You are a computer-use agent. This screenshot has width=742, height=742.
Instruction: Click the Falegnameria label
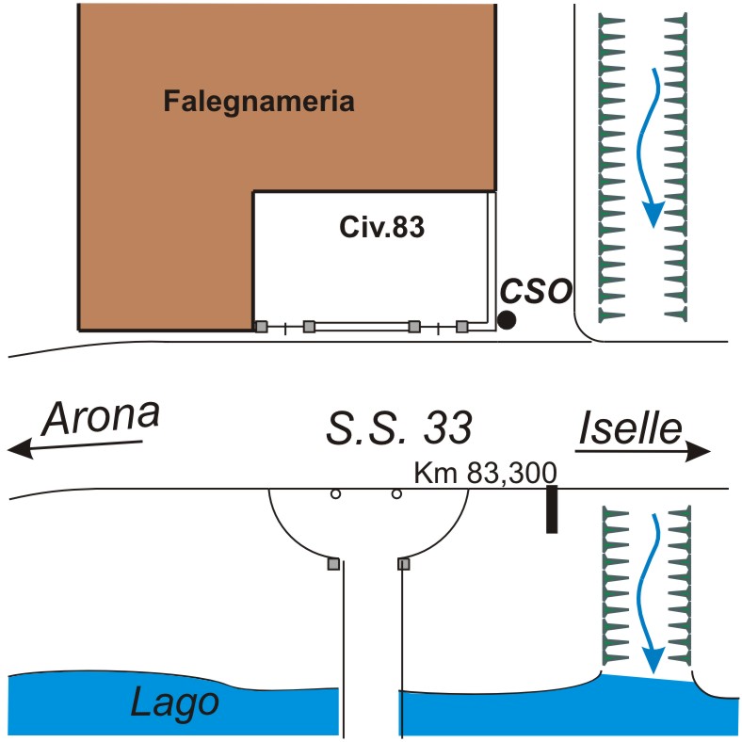click(259, 101)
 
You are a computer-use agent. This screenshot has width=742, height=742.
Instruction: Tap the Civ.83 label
click(381, 227)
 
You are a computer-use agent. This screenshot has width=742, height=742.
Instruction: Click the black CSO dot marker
click(507, 320)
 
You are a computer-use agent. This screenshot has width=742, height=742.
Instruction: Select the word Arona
click(102, 415)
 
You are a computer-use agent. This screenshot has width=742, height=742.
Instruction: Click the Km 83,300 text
click(487, 472)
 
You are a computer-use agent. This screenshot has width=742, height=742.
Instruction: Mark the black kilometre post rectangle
click(553, 509)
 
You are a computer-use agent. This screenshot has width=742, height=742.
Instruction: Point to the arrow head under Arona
click(21, 450)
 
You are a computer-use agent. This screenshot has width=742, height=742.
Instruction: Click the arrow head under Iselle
click(699, 452)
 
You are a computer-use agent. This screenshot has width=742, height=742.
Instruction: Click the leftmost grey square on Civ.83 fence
click(261, 327)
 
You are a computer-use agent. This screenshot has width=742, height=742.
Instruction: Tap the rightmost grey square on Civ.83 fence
click(461, 327)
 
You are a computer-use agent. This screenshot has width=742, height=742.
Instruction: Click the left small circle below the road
click(334, 493)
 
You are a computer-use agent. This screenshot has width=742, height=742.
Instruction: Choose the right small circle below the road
click(396, 493)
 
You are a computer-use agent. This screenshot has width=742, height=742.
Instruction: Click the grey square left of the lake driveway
click(332, 564)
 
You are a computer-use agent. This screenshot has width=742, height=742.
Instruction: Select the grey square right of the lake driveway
click(404, 564)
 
